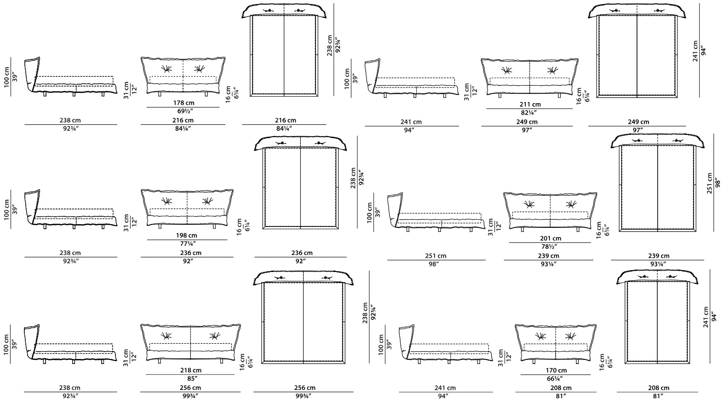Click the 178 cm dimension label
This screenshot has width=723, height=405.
click(x=184, y=103)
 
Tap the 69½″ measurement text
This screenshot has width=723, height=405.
click(x=184, y=111)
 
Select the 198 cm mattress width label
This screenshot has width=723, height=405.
click(x=187, y=236)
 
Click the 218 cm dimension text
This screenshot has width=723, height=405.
click(x=190, y=370)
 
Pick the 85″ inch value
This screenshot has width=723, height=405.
click(x=190, y=378)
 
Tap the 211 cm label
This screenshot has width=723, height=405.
click(x=530, y=104)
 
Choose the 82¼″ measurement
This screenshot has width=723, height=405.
click(x=529, y=113)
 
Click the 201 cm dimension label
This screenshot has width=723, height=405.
click(x=551, y=238)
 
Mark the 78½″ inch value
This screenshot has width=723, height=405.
click(x=550, y=247)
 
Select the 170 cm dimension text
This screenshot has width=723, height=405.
click(x=556, y=370)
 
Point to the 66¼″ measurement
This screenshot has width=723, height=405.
click(x=556, y=379)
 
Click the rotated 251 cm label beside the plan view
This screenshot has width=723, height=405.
click(x=710, y=183)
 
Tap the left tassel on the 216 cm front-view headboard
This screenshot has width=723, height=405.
click(x=166, y=69)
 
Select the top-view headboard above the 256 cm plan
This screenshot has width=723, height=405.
click(x=304, y=278)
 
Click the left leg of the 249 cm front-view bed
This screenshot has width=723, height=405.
click(x=500, y=96)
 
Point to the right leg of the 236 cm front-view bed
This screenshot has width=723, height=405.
click(x=214, y=226)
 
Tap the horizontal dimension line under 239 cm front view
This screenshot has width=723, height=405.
click(x=548, y=260)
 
